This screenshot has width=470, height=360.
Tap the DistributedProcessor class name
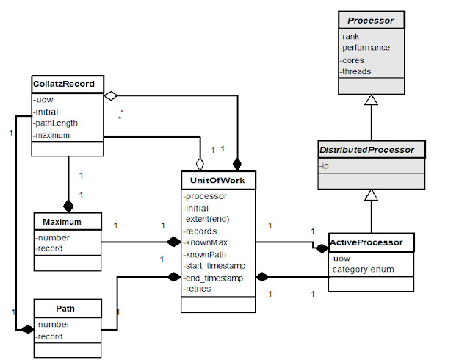click(x=371, y=150)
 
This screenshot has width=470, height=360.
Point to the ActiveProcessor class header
click(x=370, y=242)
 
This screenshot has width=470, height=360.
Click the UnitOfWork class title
click(x=217, y=179)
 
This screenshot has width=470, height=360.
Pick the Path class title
click(x=66, y=309)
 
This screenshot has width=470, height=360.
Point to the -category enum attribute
click(x=364, y=270)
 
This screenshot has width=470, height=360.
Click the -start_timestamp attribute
click(x=214, y=265)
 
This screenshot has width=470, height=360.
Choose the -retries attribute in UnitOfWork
click(x=199, y=289)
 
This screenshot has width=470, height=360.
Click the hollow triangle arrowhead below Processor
click(x=371, y=99)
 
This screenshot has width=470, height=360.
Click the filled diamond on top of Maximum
click(x=68, y=205)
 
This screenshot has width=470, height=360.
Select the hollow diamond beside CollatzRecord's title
click(x=110, y=95)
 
